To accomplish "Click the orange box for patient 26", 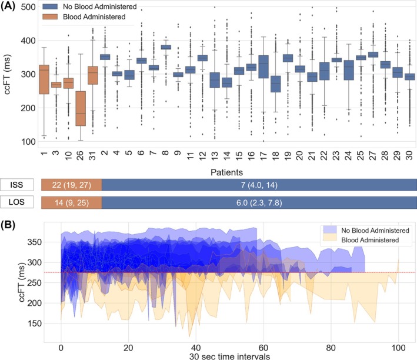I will point(81,108).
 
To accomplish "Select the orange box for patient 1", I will point(44,79).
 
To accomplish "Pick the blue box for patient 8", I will point(166,47).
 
